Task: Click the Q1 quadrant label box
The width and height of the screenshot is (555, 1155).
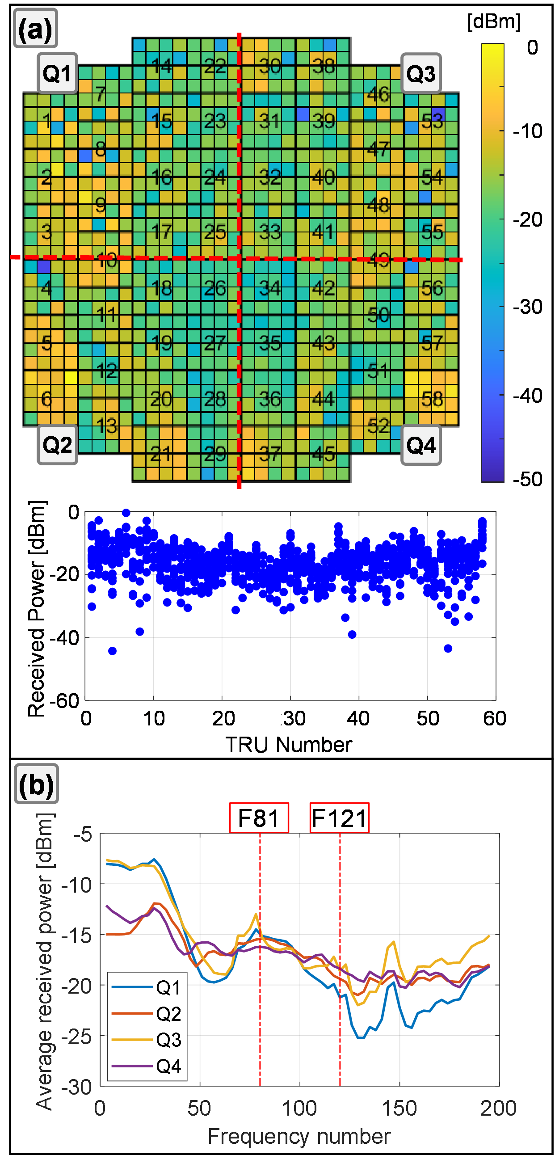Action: [57, 73]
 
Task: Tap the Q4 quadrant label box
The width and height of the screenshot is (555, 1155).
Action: [420, 445]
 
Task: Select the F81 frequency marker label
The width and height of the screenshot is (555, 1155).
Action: [259, 818]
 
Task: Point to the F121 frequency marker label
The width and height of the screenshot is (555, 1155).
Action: [339, 818]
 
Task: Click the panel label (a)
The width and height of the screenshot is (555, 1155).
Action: [35, 29]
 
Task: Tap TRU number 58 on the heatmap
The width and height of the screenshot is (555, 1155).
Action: [432, 399]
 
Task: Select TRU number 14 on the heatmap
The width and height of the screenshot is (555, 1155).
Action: [161, 66]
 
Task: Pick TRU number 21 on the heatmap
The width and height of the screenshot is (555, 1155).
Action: [160, 454]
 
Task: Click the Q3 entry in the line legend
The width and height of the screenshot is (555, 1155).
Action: [168, 1040]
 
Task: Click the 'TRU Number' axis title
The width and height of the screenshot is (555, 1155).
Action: [289, 745]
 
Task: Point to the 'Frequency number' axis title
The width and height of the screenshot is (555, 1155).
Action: [299, 1137]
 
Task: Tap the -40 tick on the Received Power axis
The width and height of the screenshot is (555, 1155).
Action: [64, 637]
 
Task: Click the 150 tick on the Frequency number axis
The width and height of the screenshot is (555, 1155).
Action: [399, 1109]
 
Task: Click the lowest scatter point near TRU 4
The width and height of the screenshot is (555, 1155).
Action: [113, 651]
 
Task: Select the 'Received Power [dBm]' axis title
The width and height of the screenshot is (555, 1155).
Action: [37, 608]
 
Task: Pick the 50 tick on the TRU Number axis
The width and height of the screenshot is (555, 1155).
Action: [428, 719]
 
